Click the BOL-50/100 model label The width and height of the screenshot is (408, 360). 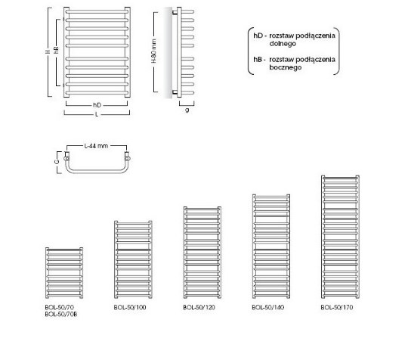[130, 307]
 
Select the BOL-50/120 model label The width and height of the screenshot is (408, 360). [199, 307]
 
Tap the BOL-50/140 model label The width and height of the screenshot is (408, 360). [268, 307]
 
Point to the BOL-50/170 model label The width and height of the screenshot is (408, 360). [337, 307]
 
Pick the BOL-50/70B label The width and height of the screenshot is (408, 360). [61, 314]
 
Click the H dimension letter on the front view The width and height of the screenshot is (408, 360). [48, 52]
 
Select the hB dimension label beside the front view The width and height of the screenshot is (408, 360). [56, 50]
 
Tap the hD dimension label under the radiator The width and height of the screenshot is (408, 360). [97, 105]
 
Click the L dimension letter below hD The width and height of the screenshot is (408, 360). [97, 114]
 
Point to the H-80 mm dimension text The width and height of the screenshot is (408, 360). [154, 51]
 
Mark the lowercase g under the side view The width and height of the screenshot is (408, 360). [187, 110]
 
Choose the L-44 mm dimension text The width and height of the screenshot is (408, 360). [96, 146]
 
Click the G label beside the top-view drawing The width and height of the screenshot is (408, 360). [57, 162]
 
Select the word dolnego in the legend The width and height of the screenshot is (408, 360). [283, 44]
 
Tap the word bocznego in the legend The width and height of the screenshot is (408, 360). [286, 67]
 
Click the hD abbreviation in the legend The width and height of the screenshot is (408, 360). [258, 36]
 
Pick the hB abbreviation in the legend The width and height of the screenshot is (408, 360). [258, 60]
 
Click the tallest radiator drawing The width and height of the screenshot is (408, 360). [340, 237]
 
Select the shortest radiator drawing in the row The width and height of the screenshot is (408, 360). [64, 273]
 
